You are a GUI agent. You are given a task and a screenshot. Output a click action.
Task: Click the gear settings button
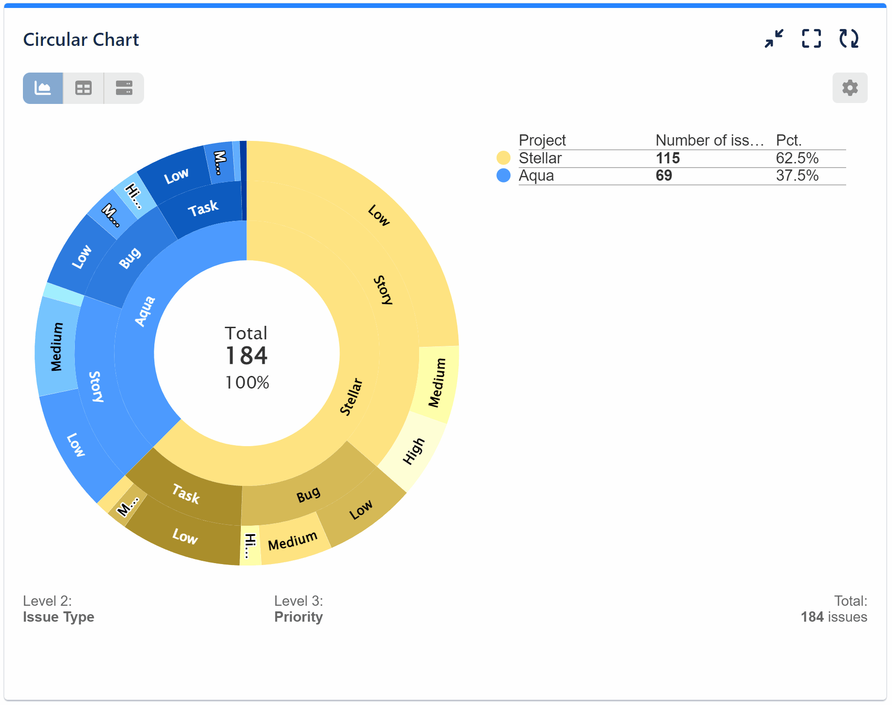(849, 88)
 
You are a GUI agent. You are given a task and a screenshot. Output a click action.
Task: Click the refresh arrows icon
(848, 39)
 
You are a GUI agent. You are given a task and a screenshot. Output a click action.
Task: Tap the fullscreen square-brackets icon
(811, 39)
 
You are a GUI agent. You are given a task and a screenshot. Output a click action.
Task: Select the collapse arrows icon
(774, 39)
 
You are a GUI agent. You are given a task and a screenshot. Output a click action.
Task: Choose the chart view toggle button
(43, 88)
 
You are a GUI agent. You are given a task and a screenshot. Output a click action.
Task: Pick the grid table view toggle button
(83, 88)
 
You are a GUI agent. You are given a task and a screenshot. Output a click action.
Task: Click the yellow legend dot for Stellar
(503, 158)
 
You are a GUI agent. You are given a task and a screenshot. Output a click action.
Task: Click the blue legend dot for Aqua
(503, 176)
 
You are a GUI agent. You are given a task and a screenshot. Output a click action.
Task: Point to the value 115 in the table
(667, 158)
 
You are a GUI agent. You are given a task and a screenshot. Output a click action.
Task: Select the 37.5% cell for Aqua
(797, 176)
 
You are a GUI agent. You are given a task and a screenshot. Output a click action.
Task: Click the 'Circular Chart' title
(81, 40)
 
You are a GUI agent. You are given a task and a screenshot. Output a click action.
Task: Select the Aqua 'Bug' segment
(130, 258)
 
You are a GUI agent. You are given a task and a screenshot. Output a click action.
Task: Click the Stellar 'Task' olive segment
(186, 494)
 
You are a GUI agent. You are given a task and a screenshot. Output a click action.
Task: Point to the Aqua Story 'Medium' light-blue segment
(57, 347)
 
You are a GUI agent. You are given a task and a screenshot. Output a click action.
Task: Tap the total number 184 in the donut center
(247, 356)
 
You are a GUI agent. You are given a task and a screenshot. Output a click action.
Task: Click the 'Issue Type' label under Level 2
(58, 617)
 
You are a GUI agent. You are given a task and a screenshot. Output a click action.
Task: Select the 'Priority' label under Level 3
(298, 617)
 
